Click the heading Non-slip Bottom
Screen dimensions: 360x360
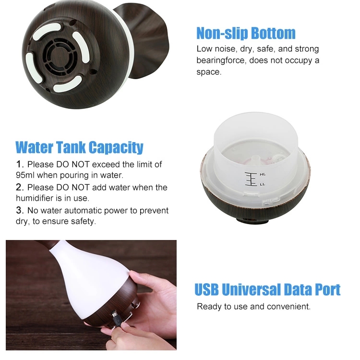point(246,33)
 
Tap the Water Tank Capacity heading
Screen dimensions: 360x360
point(79,147)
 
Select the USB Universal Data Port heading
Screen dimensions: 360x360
point(267,289)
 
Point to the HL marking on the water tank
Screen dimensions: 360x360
point(263,175)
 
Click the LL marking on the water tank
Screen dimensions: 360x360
point(263,184)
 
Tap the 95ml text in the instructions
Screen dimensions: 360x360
point(25,175)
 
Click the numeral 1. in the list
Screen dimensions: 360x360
point(20,164)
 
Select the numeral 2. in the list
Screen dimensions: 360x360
point(20,187)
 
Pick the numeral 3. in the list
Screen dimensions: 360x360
point(20,210)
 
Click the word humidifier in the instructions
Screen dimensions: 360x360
point(33,198)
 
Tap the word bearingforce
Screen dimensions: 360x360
point(221,60)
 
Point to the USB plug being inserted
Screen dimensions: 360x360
point(117,319)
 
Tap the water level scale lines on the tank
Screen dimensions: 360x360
point(251,179)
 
